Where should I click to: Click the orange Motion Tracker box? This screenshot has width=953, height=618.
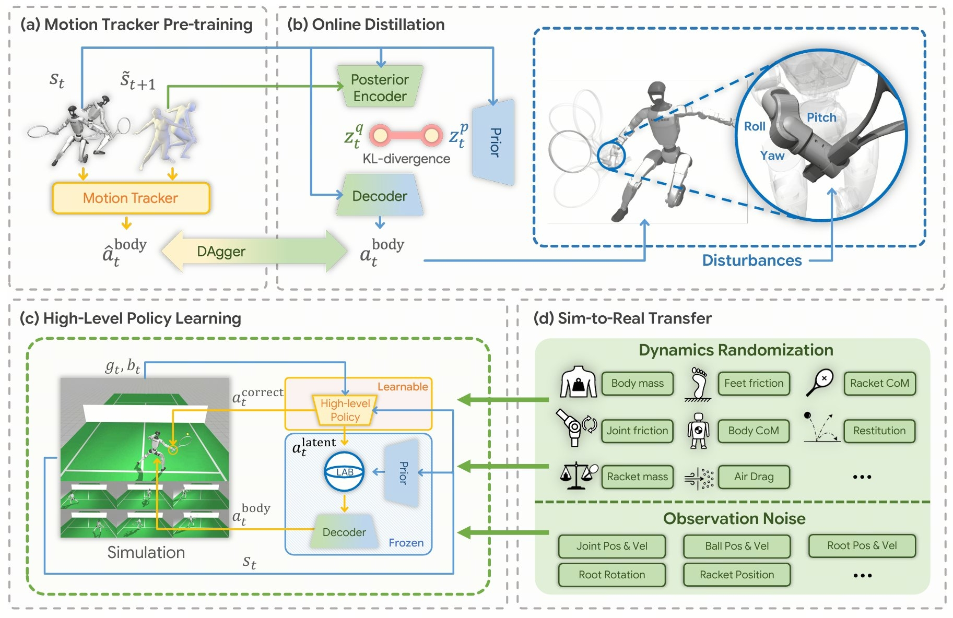(x=131, y=198)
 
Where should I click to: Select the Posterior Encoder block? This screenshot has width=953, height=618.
(x=380, y=87)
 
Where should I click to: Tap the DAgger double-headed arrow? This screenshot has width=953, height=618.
(x=254, y=251)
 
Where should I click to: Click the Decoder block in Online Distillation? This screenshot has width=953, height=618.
(x=380, y=196)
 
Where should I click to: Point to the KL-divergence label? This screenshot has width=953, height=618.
(x=406, y=159)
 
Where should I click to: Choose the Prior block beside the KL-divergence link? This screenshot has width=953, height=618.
(x=493, y=142)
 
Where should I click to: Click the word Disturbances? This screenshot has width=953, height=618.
(x=751, y=260)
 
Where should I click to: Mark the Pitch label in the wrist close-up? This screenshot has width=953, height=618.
(x=821, y=117)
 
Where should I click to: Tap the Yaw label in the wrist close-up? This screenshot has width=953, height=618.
(x=772, y=156)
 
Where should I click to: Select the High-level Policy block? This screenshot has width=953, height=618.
(x=345, y=410)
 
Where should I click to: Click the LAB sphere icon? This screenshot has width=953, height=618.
(x=344, y=472)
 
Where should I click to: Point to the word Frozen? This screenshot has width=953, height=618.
(x=406, y=543)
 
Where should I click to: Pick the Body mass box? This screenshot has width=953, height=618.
(x=637, y=383)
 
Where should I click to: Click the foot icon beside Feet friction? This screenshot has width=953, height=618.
(x=698, y=384)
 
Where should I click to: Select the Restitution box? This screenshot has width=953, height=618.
(x=879, y=431)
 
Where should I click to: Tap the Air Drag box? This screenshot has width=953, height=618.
(x=754, y=477)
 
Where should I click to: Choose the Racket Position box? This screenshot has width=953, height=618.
(x=736, y=575)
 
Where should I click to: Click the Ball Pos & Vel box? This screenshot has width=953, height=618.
(x=736, y=546)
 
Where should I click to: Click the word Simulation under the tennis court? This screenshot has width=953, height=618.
(x=146, y=552)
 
